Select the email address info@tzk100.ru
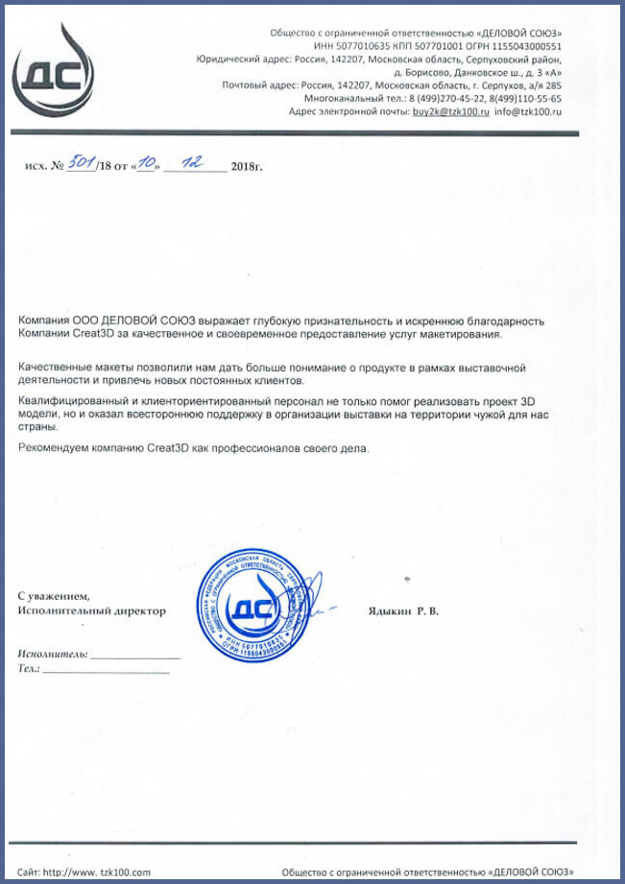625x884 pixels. pyautogui.click(x=528, y=112)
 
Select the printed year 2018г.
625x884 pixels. pyautogui.click(x=247, y=167)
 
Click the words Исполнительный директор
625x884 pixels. pyautogui.click(x=91, y=610)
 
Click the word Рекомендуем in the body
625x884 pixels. pyautogui.click(x=52, y=447)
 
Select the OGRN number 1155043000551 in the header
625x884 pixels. pyautogui.click(x=526, y=45)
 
